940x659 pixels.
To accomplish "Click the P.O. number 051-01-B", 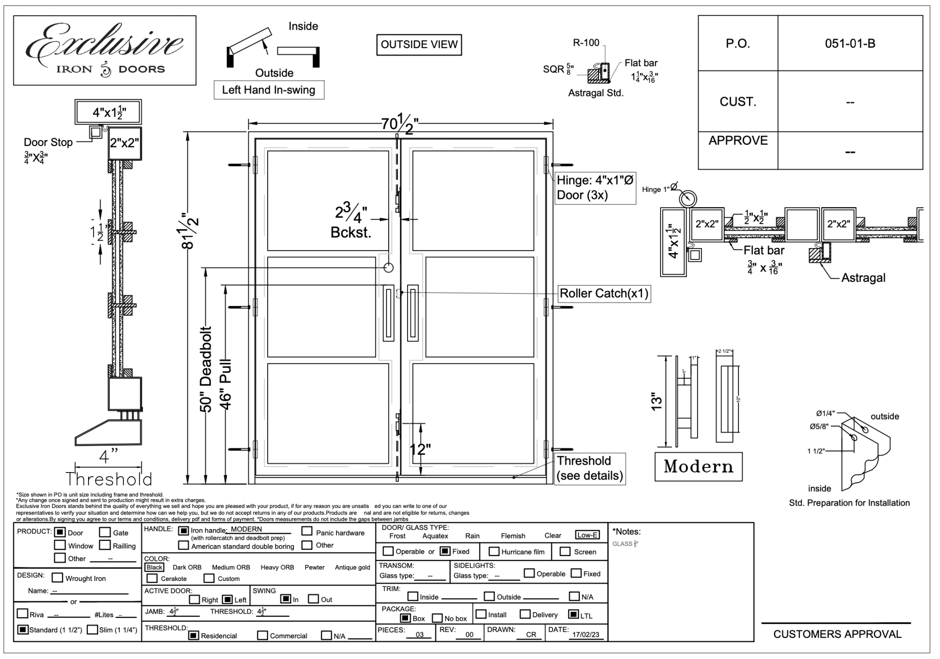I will tap(850, 44).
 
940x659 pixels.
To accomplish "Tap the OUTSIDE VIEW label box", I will tap(419, 45).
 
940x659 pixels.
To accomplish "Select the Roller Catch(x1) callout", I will tap(604, 293).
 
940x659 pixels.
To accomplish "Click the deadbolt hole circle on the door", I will tap(388, 267).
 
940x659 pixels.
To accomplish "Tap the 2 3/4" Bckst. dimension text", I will tap(351, 222).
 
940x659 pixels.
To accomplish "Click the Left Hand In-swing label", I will tap(269, 90).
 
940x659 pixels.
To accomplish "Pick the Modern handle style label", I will tap(698, 467).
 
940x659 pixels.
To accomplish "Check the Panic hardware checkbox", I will tap(307, 531).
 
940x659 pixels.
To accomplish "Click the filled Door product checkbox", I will tap(60, 532).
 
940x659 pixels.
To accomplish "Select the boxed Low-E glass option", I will tap(587, 535).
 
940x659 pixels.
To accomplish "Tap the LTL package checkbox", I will tap(573, 614).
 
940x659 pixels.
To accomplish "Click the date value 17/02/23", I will tap(585, 635).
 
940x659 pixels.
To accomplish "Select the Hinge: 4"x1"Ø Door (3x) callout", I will tap(595, 188).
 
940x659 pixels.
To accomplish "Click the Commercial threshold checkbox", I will tap(263, 636).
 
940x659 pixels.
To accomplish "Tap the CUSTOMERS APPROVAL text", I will tap(837, 634).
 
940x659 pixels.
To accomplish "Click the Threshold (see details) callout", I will tap(590, 468).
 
